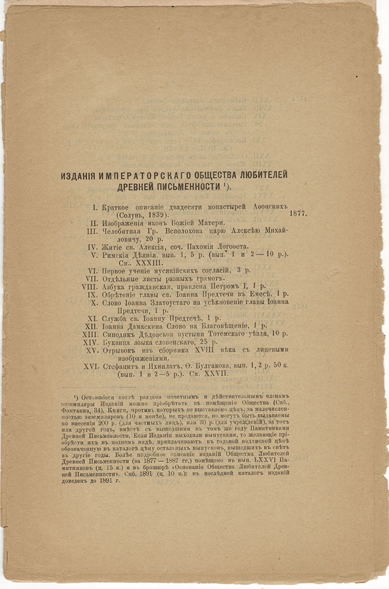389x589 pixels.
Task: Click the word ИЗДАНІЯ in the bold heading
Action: pos(83,175)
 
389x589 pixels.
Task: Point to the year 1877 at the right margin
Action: pos(297,213)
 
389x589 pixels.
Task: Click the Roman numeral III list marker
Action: pos(92,230)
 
